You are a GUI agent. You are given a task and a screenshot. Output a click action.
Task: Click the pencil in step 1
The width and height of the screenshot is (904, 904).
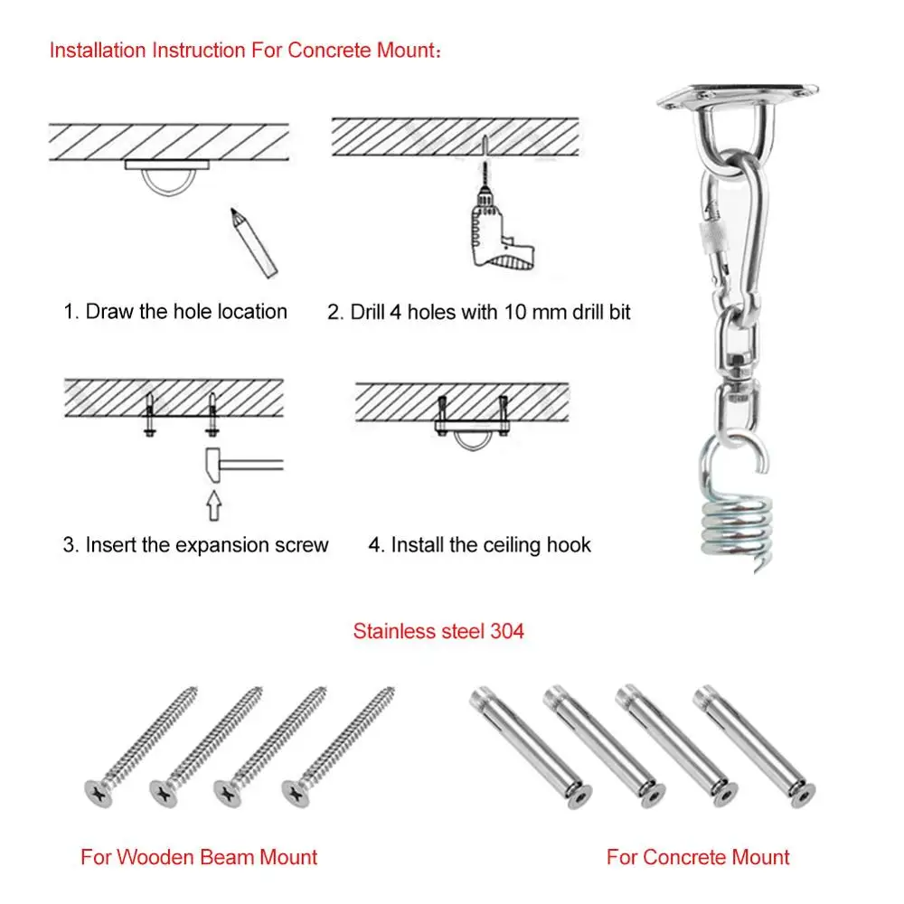point(252,241)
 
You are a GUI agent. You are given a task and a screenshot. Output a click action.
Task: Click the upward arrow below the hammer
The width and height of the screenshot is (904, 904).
point(212,504)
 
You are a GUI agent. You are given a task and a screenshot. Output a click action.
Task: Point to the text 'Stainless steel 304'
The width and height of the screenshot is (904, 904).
point(438,631)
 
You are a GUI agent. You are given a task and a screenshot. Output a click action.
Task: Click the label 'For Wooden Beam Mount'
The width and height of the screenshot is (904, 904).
point(199,856)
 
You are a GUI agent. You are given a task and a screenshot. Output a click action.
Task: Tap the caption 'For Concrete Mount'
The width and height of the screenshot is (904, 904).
point(698,856)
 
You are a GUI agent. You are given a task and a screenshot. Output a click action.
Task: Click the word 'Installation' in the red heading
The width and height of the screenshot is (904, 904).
point(99,50)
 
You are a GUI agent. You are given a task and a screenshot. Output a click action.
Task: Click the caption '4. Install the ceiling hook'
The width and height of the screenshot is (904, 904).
point(479,545)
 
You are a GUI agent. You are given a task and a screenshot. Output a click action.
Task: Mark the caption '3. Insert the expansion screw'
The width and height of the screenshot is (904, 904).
point(195,545)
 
